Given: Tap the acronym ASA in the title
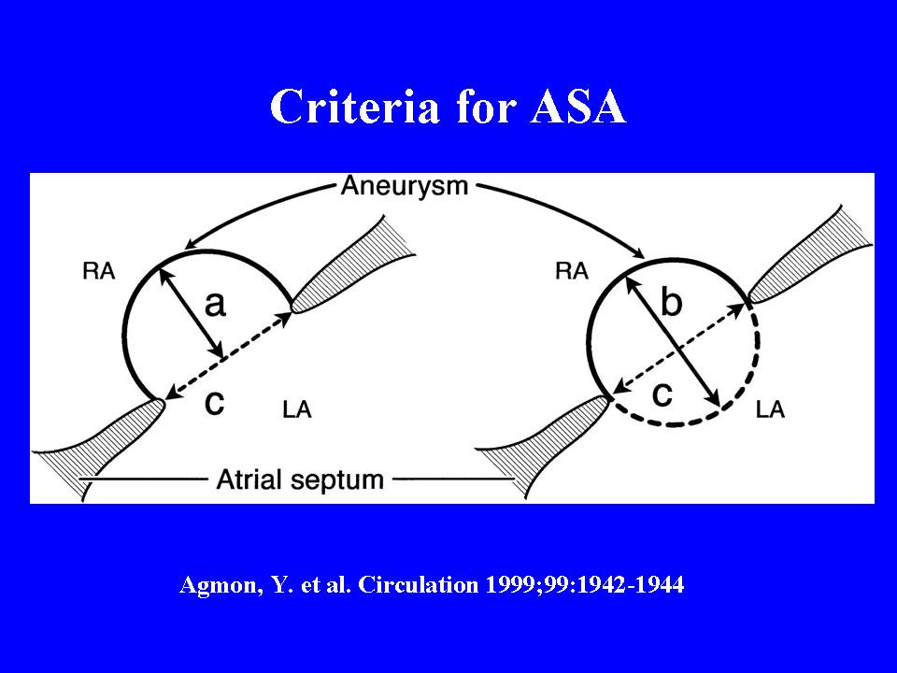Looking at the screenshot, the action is click(577, 108).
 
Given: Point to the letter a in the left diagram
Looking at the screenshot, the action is click(215, 304).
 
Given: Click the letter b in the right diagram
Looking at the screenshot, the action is click(671, 302).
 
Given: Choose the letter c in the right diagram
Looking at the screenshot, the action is click(662, 395).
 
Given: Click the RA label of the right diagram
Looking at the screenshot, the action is click(571, 272).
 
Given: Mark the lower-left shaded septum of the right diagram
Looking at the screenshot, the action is click(551, 439).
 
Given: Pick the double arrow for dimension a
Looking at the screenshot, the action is click(192, 313).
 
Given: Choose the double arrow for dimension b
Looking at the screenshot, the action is click(675, 336).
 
